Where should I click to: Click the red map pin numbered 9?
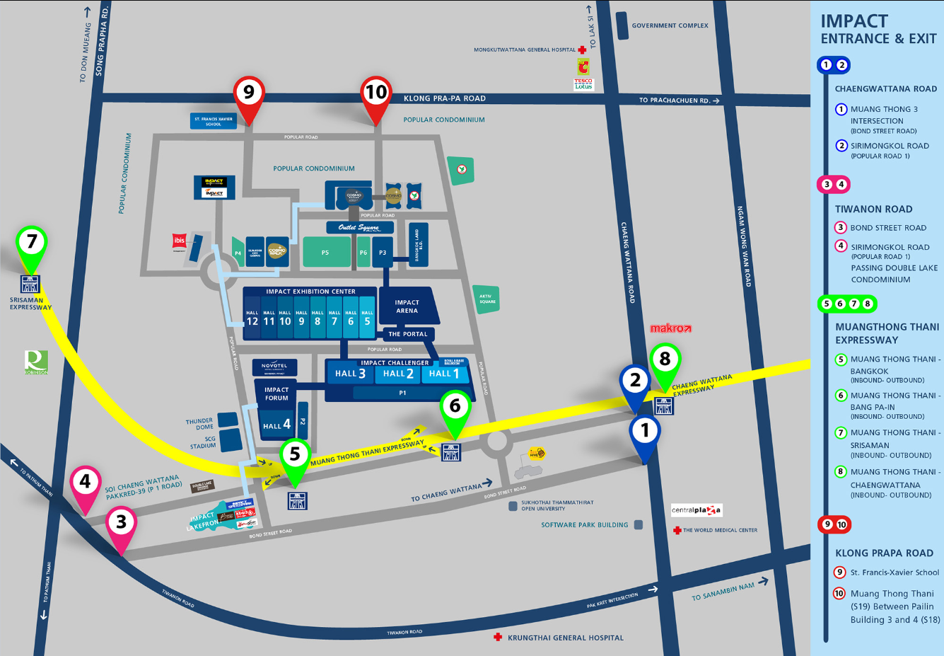coord(248,93)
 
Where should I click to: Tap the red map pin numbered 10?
coord(375,93)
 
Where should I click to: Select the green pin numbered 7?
coord(31,243)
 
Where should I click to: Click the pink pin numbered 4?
coord(85,483)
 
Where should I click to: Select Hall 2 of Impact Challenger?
coord(398,374)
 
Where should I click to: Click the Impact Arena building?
coord(407,306)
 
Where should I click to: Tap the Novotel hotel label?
coord(274,367)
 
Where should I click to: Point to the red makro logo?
coord(670,328)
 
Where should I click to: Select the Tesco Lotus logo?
coord(583,84)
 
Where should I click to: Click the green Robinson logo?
coord(36,362)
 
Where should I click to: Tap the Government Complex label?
coord(670,25)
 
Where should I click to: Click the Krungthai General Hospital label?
coord(565,638)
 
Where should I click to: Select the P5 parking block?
coord(325,253)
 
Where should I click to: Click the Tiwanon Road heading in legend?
coord(873,209)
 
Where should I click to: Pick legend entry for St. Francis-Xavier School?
coord(895,572)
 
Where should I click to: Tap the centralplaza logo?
coord(696,510)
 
